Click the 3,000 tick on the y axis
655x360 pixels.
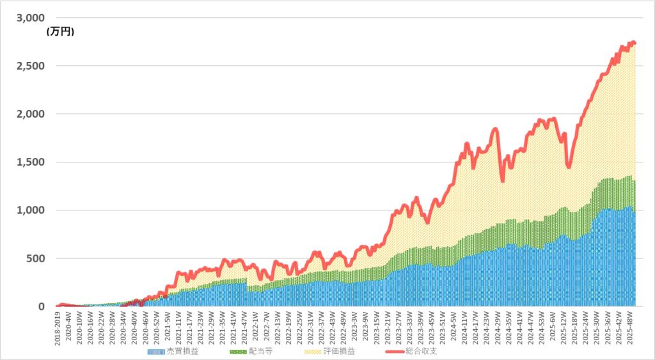(x=31, y=17)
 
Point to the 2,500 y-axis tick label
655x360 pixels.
(x=31, y=66)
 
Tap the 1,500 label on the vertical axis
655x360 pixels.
(x=31, y=162)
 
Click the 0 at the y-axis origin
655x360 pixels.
(x=42, y=306)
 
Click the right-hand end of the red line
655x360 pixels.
(x=634, y=43)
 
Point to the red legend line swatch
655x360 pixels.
(x=401, y=351)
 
